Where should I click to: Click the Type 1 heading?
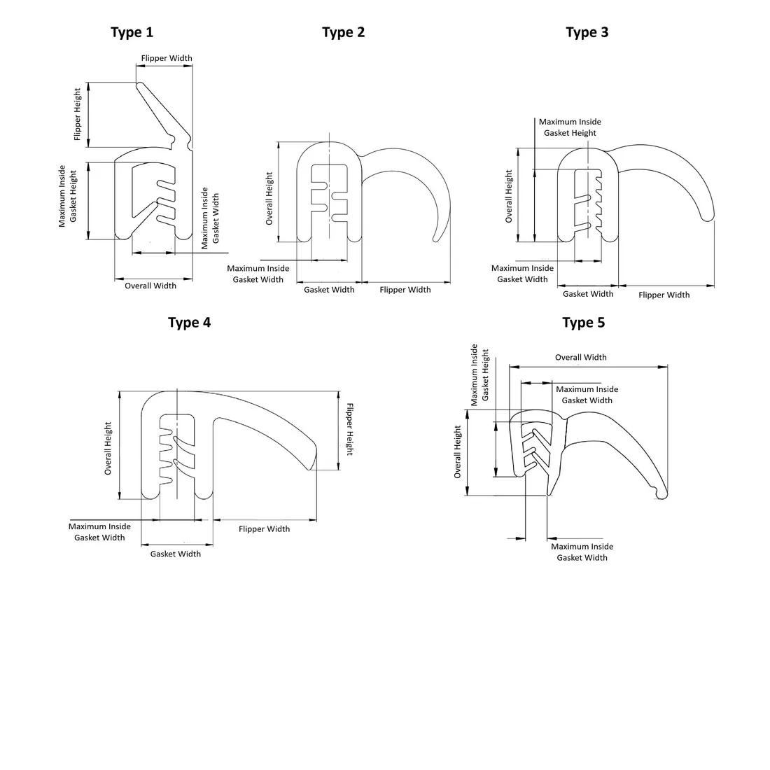pyautogui.click(x=132, y=32)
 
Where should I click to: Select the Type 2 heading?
pyautogui.click(x=343, y=32)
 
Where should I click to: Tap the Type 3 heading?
pyautogui.click(x=587, y=32)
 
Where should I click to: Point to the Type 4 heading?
pyautogui.click(x=189, y=323)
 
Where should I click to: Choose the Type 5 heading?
pyautogui.click(x=583, y=323)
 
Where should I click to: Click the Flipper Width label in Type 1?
pyautogui.click(x=167, y=59)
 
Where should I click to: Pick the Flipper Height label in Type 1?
pyautogui.click(x=78, y=114)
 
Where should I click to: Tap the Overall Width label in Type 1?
pyautogui.click(x=150, y=286)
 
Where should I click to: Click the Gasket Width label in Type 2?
pyautogui.click(x=329, y=290)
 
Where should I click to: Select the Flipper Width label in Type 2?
pyautogui.click(x=405, y=290)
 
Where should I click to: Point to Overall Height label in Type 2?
pyautogui.click(x=269, y=199)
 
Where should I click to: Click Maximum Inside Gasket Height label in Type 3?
pyautogui.click(x=570, y=127)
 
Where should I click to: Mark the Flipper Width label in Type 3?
pyautogui.click(x=664, y=295)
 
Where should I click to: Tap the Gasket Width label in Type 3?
pyautogui.click(x=588, y=294)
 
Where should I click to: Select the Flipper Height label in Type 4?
pyautogui.click(x=349, y=429)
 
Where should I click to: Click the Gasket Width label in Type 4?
pyautogui.click(x=176, y=554)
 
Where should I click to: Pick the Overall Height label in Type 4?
pyautogui.click(x=108, y=449)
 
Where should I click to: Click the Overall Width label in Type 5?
pyautogui.click(x=581, y=358)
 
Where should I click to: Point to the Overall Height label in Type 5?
pyautogui.click(x=458, y=452)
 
